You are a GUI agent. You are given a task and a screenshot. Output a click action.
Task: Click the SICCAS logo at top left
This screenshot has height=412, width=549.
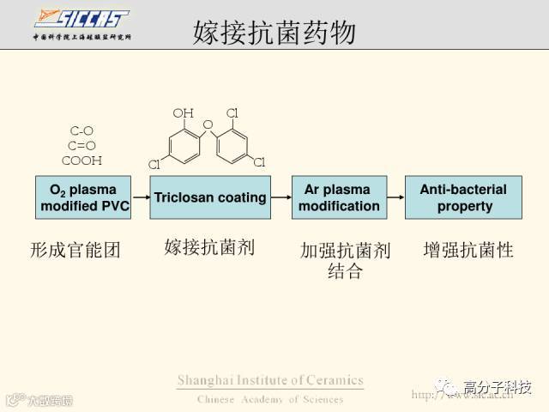(81, 19)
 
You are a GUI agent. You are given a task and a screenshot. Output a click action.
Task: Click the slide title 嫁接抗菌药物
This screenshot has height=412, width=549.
(274, 33)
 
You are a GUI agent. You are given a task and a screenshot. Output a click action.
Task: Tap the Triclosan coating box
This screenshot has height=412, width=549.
(210, 197)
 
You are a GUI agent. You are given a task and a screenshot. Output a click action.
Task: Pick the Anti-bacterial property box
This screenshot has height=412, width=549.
(464, 197)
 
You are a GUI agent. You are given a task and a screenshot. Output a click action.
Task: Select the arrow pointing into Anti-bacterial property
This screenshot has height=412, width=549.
(395, 197)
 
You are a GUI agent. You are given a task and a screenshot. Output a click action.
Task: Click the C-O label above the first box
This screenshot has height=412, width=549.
(81, 131)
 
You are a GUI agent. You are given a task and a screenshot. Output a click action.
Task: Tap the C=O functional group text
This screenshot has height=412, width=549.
(81, 146)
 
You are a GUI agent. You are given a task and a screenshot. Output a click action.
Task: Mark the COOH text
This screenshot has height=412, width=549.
(81, 161)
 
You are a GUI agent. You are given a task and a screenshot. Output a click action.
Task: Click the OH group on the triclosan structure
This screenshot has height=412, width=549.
(183, 112)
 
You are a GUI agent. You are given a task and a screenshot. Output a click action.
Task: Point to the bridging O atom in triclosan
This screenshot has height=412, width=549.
(207, 125)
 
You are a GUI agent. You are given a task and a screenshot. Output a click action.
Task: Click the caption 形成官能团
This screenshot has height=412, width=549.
(75, 251)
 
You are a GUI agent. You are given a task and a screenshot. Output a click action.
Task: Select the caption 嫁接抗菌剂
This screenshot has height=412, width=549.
(209, 248)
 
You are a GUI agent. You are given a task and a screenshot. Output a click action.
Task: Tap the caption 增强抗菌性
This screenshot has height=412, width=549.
(468, 251)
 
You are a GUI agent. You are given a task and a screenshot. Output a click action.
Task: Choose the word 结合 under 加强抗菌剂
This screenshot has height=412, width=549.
(345, 272)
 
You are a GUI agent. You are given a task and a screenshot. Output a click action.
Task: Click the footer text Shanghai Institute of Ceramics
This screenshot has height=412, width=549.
(270, 380)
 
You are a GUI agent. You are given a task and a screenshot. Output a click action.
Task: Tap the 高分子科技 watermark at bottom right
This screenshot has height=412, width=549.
(497, 387)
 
